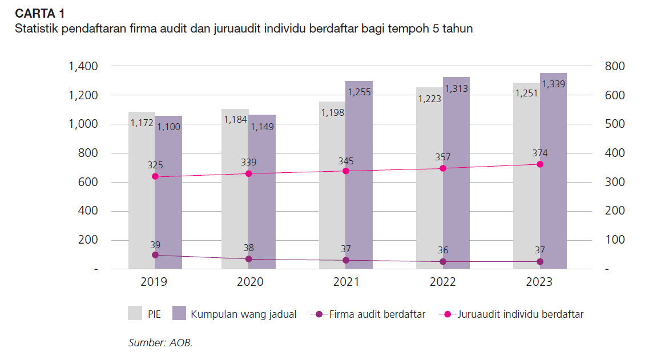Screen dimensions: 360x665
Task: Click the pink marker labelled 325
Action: (155, 177)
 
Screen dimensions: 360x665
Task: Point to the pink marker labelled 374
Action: (540, 164)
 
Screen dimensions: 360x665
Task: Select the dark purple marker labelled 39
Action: (155, 255)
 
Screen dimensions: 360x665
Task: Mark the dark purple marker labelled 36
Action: (443, 262)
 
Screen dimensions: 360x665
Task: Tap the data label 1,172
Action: (142, 123)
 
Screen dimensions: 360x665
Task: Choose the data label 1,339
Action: (553, 84)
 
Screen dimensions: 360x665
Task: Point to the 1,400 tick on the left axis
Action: (83, 67)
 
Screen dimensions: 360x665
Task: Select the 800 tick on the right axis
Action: (614, 67)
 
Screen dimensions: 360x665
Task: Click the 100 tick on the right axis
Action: (614, 240)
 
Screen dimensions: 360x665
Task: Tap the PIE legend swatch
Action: (135, 313)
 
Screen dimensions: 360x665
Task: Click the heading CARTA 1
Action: (39, 13)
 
